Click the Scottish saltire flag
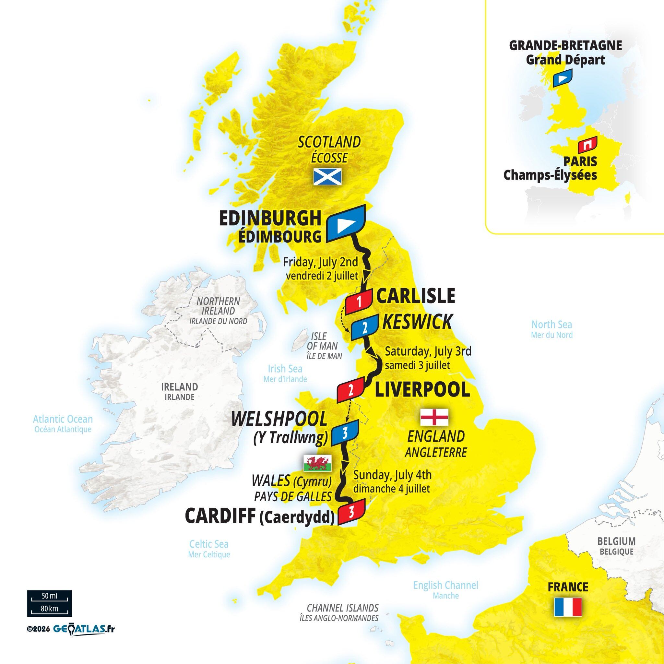(327, 177)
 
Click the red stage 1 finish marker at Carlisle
(359, 302)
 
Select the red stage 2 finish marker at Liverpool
(350, 389)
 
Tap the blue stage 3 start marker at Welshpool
(345, 433)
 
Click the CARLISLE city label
(416, 296)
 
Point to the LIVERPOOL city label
(422, 390)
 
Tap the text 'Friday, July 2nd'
(320, 263)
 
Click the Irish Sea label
(285, 369)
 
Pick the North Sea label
(551, 325)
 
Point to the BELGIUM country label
(616, 541)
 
